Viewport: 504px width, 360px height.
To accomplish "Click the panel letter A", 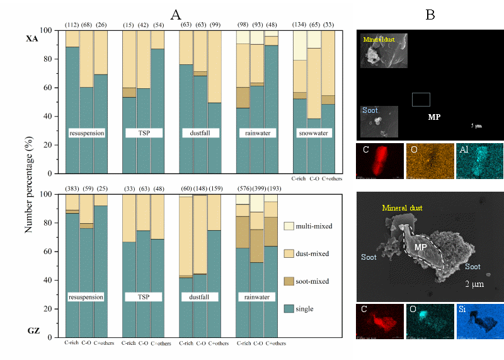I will pyautogui.click(x=176, y=14).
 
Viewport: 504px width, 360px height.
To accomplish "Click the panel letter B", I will pyautogui.click(x=430, y=15).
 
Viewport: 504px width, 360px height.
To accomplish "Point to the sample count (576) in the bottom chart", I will pyautogui.click(x=243, y=189).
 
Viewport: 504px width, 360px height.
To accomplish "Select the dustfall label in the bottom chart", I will pyautogui.click(x=200, y=295).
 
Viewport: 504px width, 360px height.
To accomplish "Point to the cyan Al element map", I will pyautogui.click(x=478, y=160).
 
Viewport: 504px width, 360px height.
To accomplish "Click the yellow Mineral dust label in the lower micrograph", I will pyautogui.click(x=403, y=207).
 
